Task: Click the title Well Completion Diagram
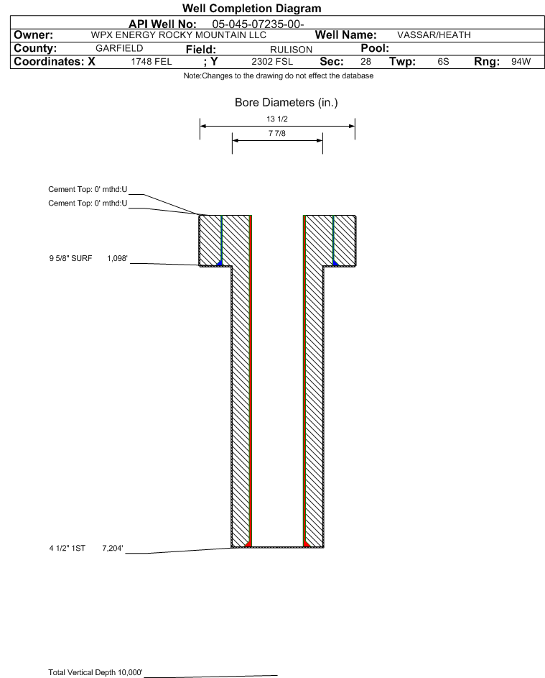coord(251,9)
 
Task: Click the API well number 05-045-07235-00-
coord(258,24)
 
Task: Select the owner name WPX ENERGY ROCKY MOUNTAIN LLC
coord(179,35)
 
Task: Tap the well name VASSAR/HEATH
coord(434,35)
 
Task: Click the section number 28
coord(365,62)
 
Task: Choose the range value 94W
coord(521,62)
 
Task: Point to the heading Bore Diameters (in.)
coord(286,103)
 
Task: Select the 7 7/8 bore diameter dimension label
coord(277,134)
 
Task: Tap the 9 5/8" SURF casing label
coord(70,257)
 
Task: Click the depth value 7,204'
coord(113,548)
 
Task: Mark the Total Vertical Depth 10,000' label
coord(96,672)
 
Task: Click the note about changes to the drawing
coord(279,76)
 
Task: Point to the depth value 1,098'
coord(118,257)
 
